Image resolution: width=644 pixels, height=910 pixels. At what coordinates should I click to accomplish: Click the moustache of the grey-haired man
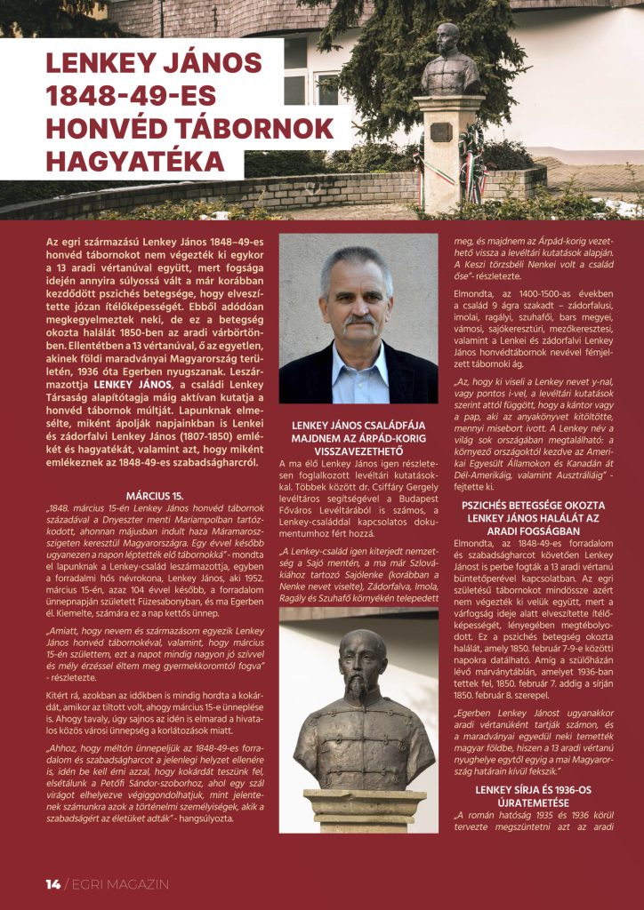(358, 318)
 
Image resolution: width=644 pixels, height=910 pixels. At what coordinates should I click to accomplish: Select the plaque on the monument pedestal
(441, 132)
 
